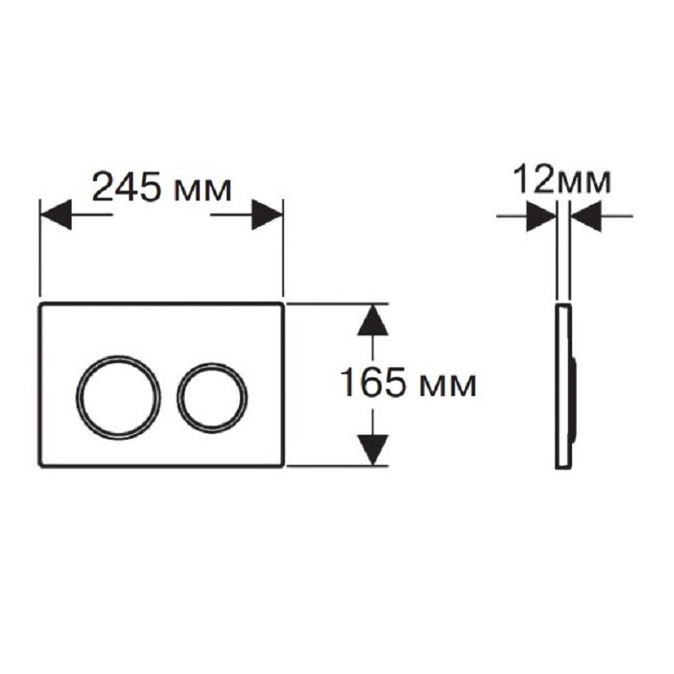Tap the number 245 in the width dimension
[x=126, y=187]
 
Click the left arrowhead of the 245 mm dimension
[x=56, y=214]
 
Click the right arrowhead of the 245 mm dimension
[x=267, y=214]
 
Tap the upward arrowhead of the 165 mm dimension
[x=372, y=320]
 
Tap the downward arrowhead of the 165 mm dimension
[x=372, y=450]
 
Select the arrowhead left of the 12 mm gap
[x=542, y=216]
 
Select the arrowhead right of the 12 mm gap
[x=586, y=216]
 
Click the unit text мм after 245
[x=203, y=191]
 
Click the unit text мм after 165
[x=448, y=387]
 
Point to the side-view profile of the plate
[x=565, y=386]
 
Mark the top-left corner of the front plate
[x=40, y=304]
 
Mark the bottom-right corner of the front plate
[x=283, y=466]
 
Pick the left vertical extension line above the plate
[x=40, y=248]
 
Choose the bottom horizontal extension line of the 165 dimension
[x=338, y=466]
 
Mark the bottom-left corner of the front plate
[x=40, y=466]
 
